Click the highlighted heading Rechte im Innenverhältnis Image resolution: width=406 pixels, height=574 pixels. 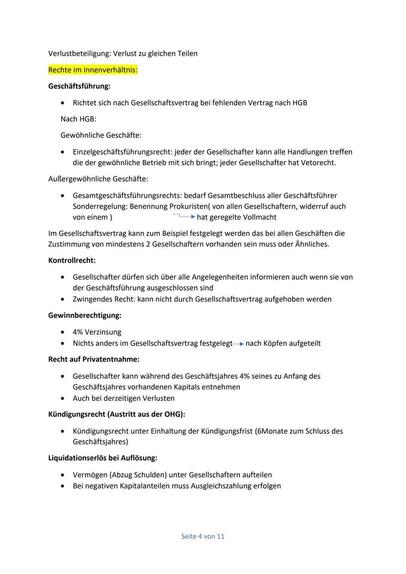pos(93,70)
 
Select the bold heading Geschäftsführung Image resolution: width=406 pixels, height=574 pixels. pos(79,86)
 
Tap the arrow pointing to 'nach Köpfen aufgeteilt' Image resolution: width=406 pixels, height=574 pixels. pos(239,344)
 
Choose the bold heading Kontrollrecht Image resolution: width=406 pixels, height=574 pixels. pos(72,260)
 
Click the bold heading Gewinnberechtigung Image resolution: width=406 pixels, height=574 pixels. pos(85,315)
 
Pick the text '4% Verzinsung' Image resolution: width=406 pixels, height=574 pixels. pos(97,332)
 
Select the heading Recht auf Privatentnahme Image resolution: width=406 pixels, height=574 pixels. pos(94,359)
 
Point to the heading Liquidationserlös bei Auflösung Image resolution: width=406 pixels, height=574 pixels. pos(103,458)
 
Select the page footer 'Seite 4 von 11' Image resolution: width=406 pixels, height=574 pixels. pos(203,536)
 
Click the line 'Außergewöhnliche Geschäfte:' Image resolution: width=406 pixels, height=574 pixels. pos(98,179)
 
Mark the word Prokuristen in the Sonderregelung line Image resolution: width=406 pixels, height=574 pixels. pos(188,206)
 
